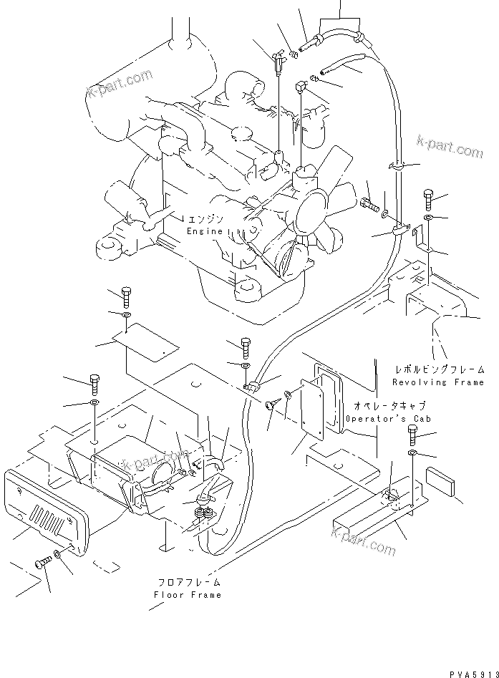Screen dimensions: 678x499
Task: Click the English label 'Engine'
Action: point(205,231)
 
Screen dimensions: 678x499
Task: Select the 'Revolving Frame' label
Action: point(439,382)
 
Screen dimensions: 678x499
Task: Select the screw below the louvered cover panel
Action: point(42,563)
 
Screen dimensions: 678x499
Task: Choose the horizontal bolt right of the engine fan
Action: point(369,205)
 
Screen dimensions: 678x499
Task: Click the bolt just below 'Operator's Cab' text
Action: point(413,432)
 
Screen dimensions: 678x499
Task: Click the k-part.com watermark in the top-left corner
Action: point(120,82)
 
